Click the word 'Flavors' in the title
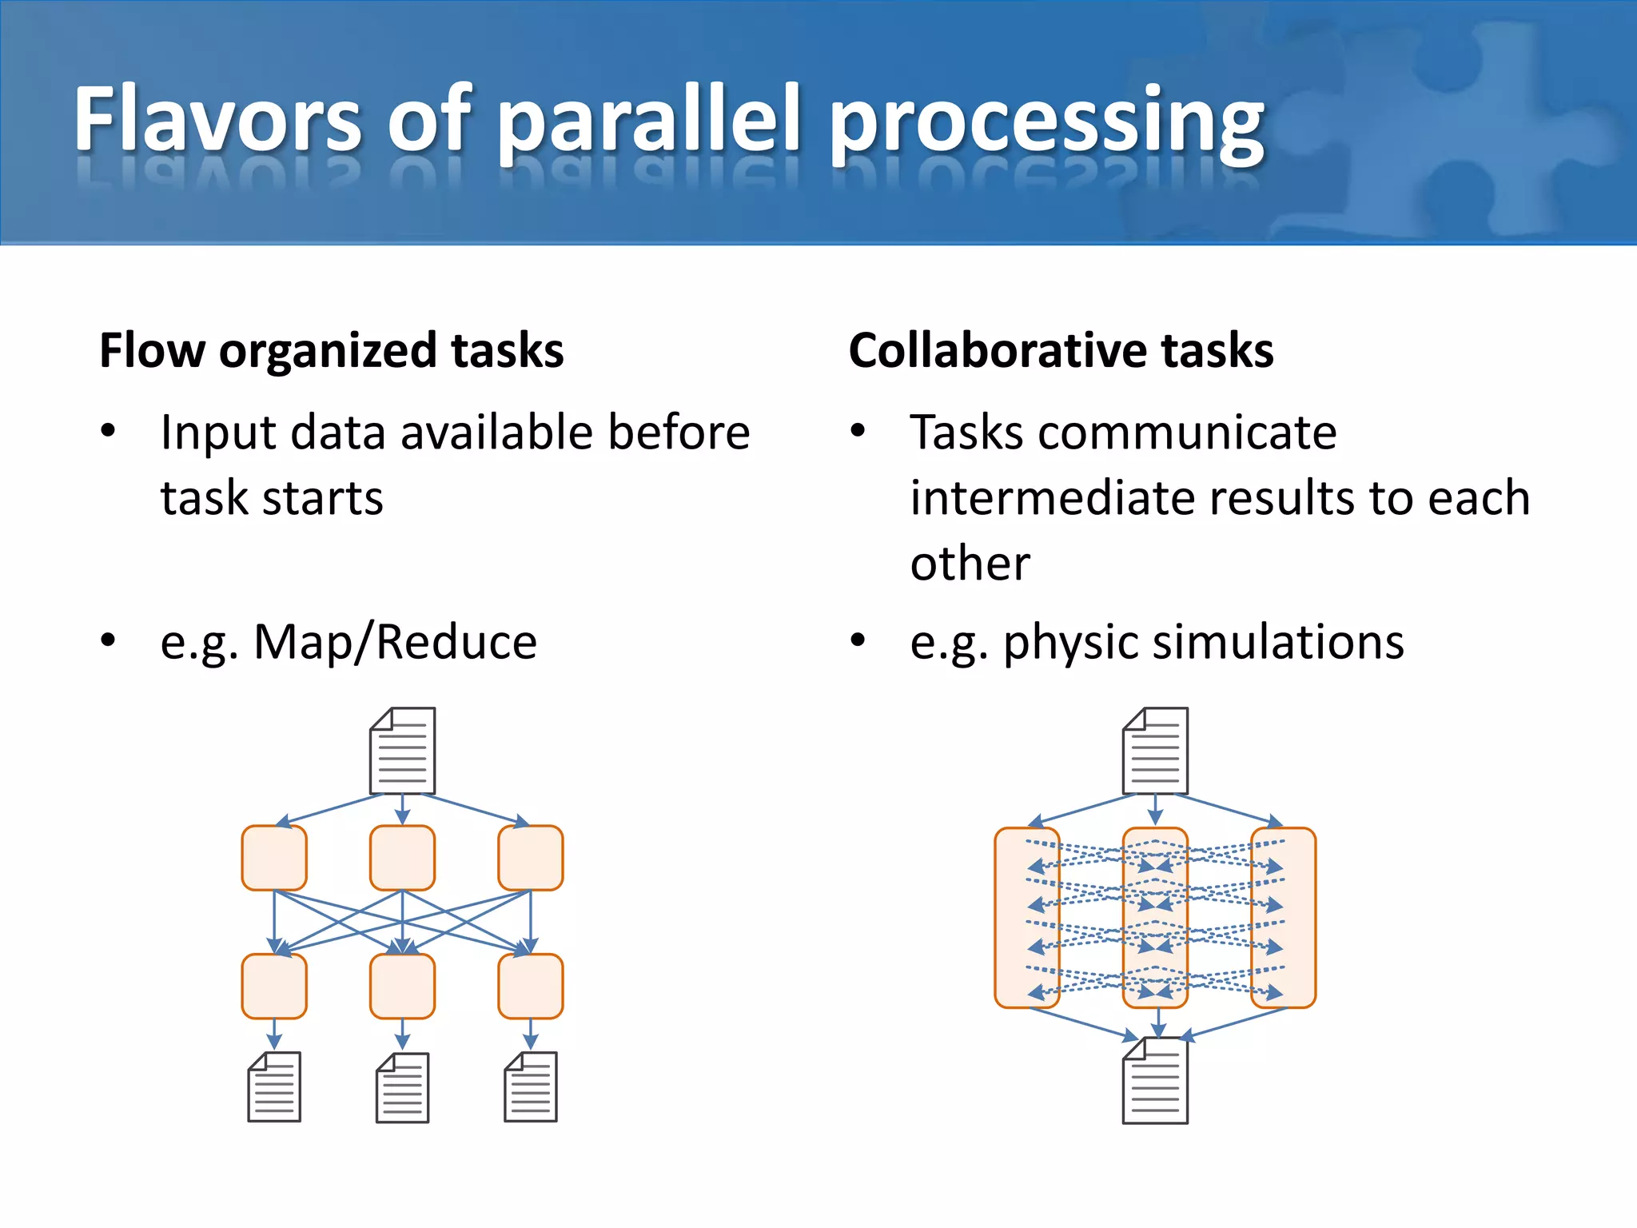click(x=217, y=120)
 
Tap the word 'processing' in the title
click(x=1047, y=124)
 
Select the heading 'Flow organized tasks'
click(x=331, y=350)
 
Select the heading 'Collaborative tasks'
click(x=1061, y=350)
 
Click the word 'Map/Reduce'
click(x=395, y=642)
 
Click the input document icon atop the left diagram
click(x=402, y=750)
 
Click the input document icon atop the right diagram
click(x=1155, y=750)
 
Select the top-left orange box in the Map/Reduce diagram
click(x=274, y=858)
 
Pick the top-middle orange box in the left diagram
click(x=402, y=858)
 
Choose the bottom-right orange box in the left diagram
click(x=530, y=986)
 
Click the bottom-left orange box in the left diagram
click(x=274, y=986)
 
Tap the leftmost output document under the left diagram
click(x=274, y=1086)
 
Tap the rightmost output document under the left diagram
click(x=530, y=1086)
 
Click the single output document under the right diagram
click(x=1155, y=1081)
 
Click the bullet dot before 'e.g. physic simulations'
click(x=858, y=640)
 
